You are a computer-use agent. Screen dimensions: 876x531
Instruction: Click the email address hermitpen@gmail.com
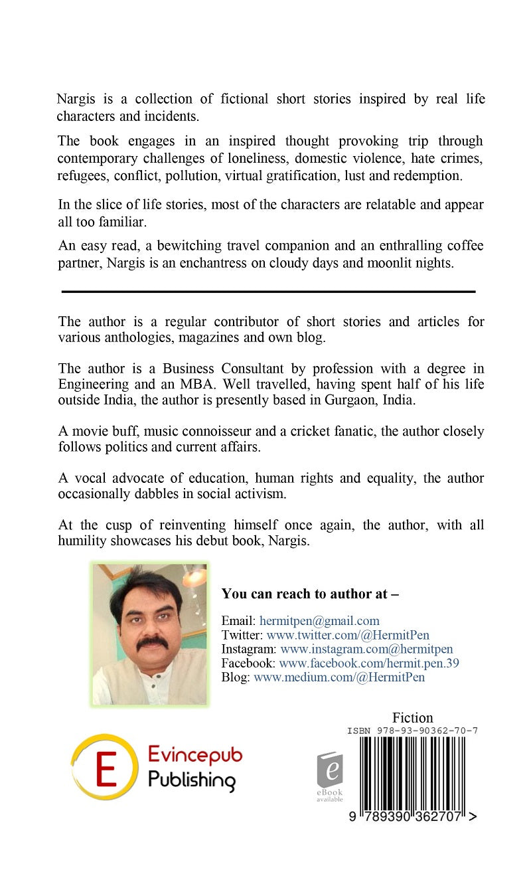[319, 621]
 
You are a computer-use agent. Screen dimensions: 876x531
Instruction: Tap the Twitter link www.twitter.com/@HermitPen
[348, 636]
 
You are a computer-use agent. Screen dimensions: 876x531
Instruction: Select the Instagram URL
[366, 650]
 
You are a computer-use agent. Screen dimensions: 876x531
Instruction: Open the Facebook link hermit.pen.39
[369, 663]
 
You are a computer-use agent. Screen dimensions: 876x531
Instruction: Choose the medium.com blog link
[339, 677]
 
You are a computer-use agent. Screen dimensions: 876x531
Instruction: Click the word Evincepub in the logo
[194, 756]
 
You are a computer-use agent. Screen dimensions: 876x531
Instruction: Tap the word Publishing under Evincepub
[191, 780]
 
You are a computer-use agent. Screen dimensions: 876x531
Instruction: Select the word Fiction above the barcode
[412, 718]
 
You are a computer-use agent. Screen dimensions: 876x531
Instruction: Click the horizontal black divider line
[268, 292]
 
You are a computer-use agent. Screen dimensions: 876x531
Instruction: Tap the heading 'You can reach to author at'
[310, 594]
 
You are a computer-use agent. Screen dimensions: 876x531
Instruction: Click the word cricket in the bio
[324, 431]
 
